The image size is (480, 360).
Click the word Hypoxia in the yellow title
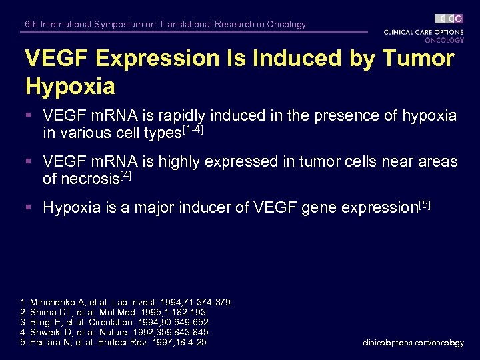69,86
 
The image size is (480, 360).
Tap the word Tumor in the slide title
417,59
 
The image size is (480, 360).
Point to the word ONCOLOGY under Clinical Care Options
444,40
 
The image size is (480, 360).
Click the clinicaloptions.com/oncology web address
413,343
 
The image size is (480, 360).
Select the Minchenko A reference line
127,303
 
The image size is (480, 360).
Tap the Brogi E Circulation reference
116,322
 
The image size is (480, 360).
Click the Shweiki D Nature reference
116,332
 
